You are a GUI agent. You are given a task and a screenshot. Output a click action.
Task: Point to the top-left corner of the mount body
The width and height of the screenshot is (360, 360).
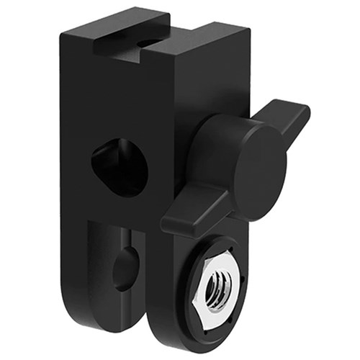(64, 32)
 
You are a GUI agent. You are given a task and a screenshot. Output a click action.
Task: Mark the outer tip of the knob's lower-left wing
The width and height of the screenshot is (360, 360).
(166, 223)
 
